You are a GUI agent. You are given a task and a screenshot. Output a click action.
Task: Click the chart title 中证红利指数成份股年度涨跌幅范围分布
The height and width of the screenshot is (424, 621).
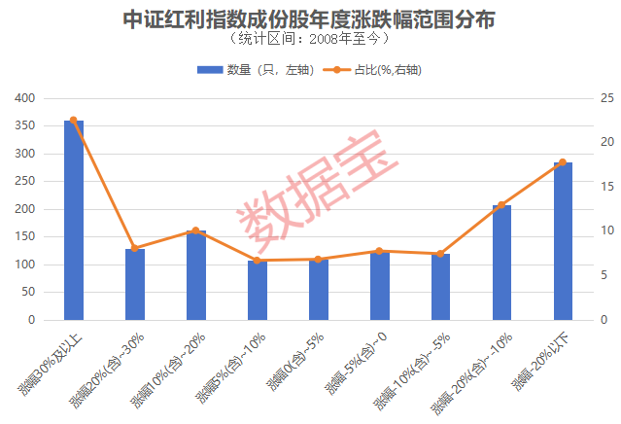point(309,18)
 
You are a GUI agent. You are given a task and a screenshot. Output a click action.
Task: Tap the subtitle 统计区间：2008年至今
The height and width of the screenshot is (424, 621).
point(309,40)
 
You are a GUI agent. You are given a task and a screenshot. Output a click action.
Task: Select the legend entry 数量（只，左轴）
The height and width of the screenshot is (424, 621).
point(255,70)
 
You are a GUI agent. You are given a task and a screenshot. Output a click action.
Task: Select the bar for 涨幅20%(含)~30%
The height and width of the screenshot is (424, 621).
point(135,284)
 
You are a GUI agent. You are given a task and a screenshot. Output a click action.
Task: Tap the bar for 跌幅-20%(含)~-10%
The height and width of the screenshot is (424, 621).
point(501,263)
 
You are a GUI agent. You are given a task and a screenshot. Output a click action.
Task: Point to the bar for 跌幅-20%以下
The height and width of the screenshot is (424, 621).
point(563,241)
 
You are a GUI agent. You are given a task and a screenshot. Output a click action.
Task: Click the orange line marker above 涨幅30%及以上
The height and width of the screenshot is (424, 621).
point(74,121)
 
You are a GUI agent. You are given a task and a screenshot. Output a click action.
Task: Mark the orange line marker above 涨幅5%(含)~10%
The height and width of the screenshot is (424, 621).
point(257,261)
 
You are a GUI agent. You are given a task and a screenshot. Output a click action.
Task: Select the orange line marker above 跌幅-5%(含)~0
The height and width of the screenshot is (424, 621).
point(379,251)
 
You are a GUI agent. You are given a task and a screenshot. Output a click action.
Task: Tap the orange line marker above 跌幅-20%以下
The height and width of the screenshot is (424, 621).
point(563,162)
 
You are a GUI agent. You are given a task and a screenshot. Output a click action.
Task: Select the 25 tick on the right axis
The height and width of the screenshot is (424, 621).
point(607,98)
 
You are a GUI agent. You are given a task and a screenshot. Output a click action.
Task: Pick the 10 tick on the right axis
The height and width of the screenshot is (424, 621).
point(607,231)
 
